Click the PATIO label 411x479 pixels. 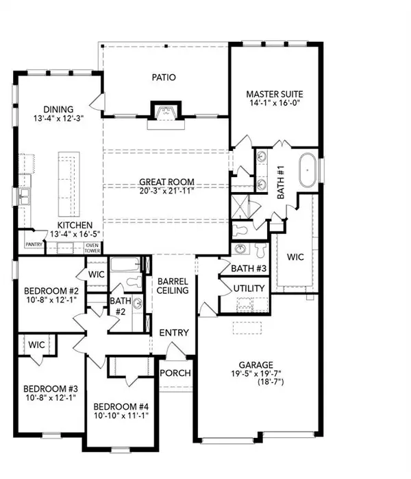pyautogui.click(x=164, y=77)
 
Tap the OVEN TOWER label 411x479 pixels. pyautogui.click(x=93, y=248)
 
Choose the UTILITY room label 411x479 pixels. pyautogui.click(x=249, y=288)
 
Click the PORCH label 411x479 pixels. pyautogui.click(x=175, y=373)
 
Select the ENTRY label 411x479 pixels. pyautogui.click(x=174, y=333)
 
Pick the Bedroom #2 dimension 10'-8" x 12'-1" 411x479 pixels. pyautogui.click(x=45, y=300)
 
